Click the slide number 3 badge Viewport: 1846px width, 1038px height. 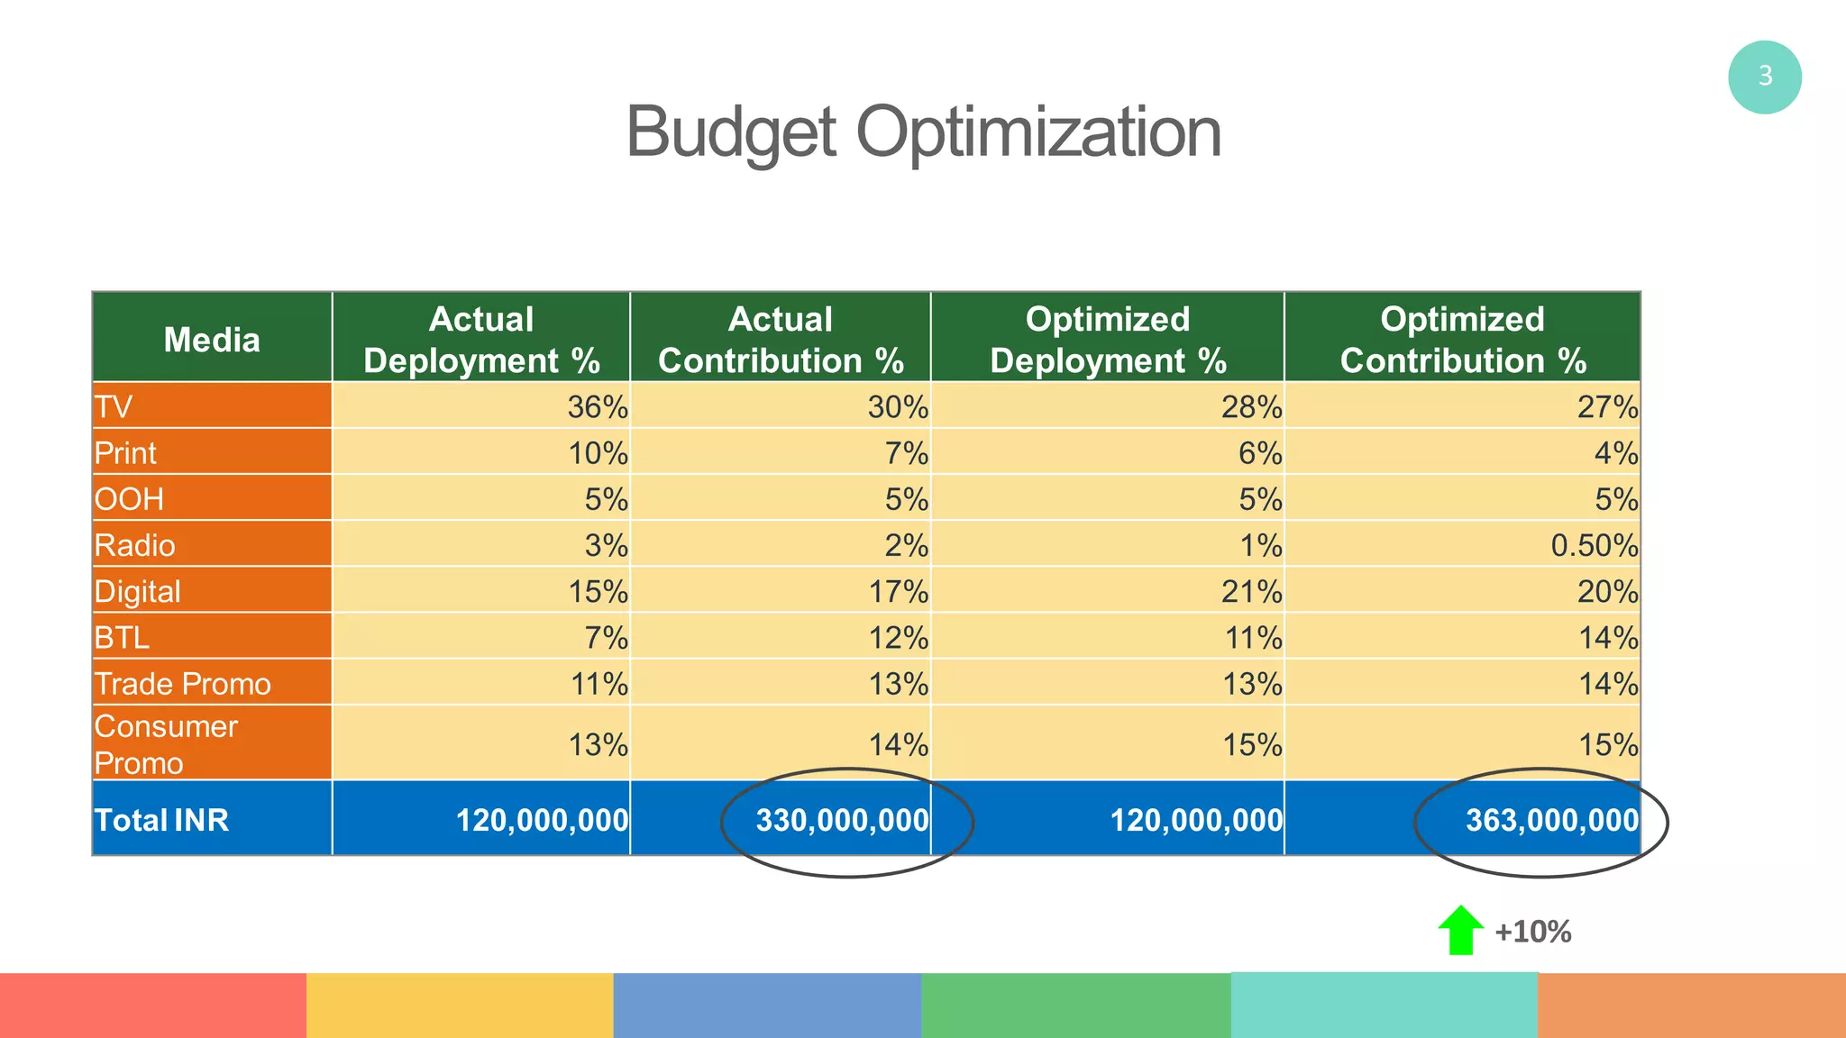1764,77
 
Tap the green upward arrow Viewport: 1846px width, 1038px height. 1460,930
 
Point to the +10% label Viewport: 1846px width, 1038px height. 1532,932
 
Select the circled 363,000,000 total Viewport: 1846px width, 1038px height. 1551,820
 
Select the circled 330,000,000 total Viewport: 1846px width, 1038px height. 842,820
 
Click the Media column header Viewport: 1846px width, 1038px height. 212,340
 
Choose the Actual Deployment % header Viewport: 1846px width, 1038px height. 481,340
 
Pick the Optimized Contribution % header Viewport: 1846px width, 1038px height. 1462,340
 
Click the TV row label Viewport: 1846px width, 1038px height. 114,407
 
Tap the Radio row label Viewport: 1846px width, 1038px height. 135,545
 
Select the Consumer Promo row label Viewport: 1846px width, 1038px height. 166,744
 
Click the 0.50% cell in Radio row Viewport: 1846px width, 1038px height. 1594,545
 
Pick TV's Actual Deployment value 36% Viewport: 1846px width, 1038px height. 597,407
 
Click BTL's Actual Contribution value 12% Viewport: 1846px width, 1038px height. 898,638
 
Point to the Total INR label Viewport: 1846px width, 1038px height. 161,820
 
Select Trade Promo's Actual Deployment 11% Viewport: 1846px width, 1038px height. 599,684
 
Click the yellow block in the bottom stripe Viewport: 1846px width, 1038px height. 460,1005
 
